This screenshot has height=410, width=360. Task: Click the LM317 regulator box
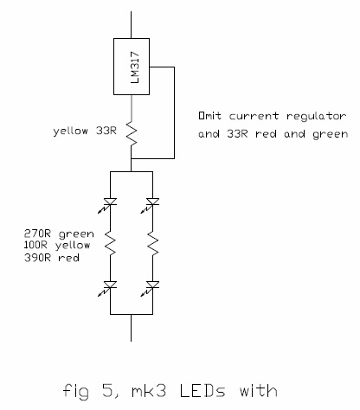click(132, 67)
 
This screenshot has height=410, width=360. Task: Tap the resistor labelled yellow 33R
click(132, 134)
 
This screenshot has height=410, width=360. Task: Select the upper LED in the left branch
click(107, 204)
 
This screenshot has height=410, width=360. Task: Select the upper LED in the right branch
click(150, 204)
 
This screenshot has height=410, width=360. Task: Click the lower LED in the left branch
click(107, 287)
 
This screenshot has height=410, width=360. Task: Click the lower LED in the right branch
click(150, 287)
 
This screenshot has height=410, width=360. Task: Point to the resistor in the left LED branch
click(110, 243)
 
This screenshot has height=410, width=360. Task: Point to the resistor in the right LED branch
click(152, 243)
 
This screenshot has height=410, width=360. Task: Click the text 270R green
click(59, 234)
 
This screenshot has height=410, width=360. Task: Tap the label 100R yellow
click(57, 246)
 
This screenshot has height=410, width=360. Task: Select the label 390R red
click(52, 258)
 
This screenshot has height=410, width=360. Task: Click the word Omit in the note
click(210, 116)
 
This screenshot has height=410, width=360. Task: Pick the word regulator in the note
click(317, 117)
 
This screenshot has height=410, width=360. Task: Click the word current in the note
click(254, 116)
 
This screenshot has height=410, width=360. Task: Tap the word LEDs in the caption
click(202, 391)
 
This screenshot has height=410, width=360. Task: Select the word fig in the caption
click(76, 392)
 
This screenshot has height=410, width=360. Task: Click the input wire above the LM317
click(132, 25)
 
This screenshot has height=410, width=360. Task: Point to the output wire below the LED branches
click(132, 328)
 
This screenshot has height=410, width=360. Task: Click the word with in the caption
click(259, 391)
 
